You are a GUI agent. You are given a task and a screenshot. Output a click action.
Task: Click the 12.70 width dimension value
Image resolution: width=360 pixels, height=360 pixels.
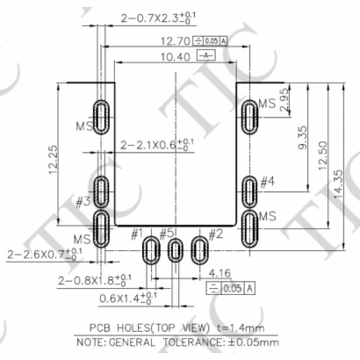point(169,40)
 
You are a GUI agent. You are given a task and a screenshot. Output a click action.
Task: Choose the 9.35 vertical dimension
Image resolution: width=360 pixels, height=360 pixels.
point(302,141)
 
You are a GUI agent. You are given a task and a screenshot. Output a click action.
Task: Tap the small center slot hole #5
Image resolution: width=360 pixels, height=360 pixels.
point(176,251)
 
